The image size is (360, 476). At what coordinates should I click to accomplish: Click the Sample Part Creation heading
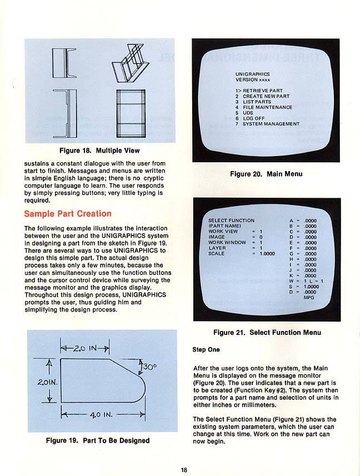tap(67, 214)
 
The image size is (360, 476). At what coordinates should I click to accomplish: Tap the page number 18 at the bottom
tap(184, 470)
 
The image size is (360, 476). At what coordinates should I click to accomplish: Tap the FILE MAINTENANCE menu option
tap(263, 107)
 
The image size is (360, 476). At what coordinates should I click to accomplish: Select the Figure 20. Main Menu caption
tap(266, 174)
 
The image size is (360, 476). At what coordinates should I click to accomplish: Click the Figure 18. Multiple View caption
tap(99, 151)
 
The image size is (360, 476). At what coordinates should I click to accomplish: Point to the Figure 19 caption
tap(98, 440)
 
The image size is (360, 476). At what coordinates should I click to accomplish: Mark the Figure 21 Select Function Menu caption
tap(267, 333)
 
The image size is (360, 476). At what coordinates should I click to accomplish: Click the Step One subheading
tap(206, 350)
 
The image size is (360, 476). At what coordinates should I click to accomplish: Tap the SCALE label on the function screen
tap(217, 254)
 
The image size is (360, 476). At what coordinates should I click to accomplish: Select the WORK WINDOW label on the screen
tap(227, 243)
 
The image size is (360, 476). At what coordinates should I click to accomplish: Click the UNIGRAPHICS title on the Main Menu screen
tap(252, 74)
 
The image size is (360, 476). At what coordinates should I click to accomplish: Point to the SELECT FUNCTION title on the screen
tap(231, 221)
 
